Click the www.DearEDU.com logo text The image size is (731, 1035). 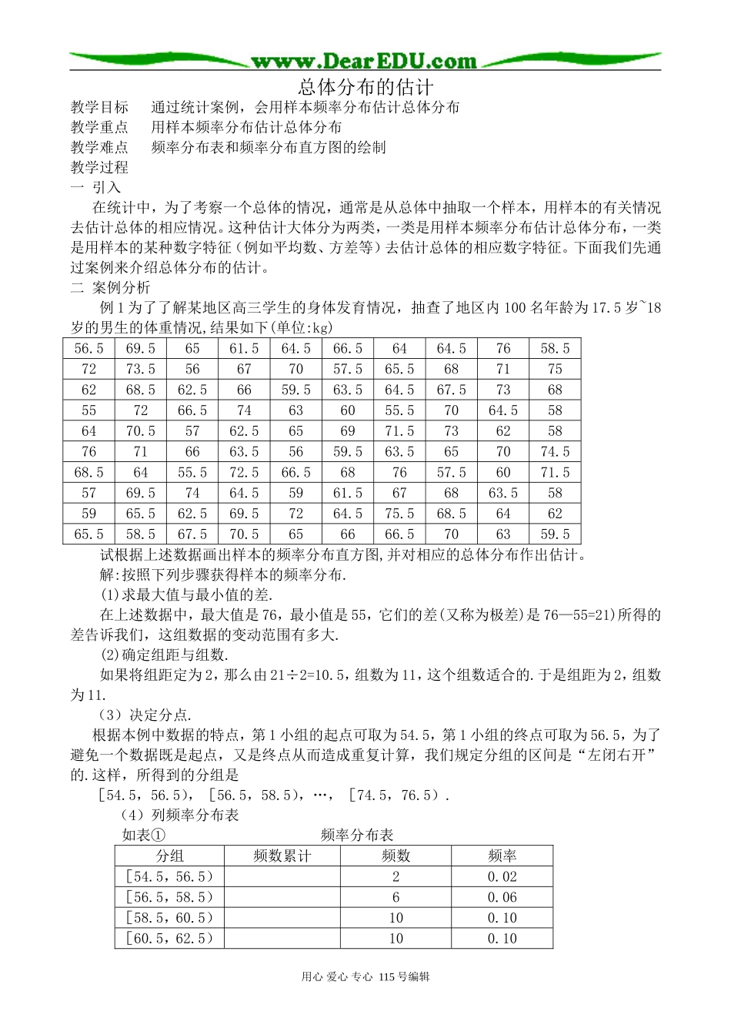coord(364,61)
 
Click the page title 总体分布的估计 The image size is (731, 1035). coord(365,87)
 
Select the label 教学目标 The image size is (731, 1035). coord(99,107)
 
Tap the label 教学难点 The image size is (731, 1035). coord(99,147)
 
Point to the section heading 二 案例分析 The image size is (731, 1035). coord(110,287)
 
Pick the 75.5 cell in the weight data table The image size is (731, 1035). coord(399,514)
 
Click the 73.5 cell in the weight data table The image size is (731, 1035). coord(140,369)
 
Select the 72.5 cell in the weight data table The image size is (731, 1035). coord(244,472)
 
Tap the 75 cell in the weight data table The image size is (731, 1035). coord(555,369)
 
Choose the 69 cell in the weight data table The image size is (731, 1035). coord(348,431)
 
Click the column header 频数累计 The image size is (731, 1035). coord(282,856)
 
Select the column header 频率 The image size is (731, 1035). coord(502,856)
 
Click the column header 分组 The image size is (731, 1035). coord(169,856)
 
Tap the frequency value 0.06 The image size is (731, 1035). coord(502,897)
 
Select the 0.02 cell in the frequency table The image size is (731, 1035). coord(502,876)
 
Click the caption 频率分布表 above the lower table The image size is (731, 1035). coord(357,835)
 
